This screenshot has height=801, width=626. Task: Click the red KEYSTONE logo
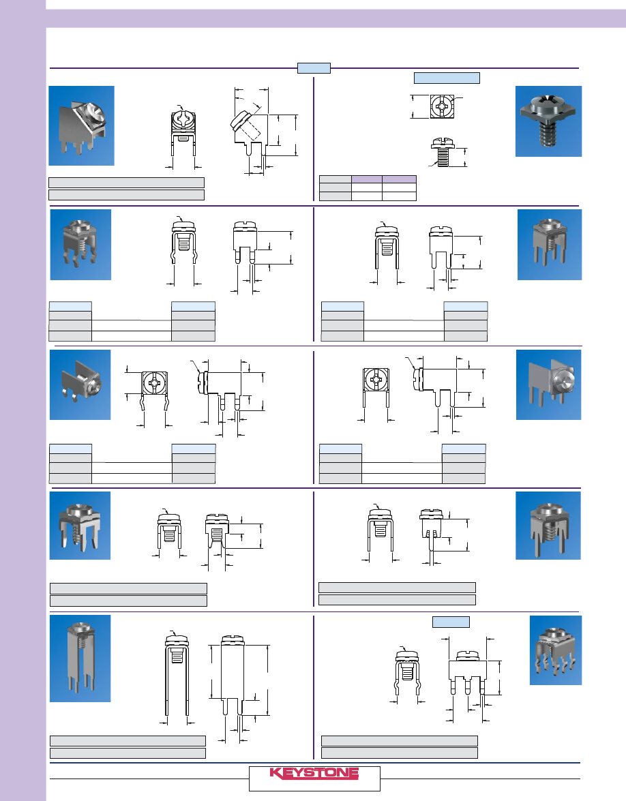pos(314,774)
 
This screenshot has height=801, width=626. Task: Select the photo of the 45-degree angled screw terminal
pos(81,125)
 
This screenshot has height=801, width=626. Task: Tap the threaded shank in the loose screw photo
pos(549,136)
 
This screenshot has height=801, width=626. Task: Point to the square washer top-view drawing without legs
pos(442,106)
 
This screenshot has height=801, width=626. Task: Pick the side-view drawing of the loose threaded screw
pos(443,152)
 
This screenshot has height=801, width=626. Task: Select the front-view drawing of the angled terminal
pos(183,134)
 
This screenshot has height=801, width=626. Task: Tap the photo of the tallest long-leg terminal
pos(80,658)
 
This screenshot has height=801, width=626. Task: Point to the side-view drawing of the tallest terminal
pos(233,674)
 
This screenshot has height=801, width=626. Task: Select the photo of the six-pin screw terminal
pos(556,650)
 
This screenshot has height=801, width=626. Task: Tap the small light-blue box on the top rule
pos(314,68)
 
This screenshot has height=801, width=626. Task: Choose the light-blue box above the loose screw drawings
pos(447,78)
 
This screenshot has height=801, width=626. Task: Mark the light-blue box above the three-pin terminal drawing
pos(451,622)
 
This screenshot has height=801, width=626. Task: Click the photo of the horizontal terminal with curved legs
pos(80,384)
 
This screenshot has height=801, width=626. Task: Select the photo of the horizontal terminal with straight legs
pos(548,384)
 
